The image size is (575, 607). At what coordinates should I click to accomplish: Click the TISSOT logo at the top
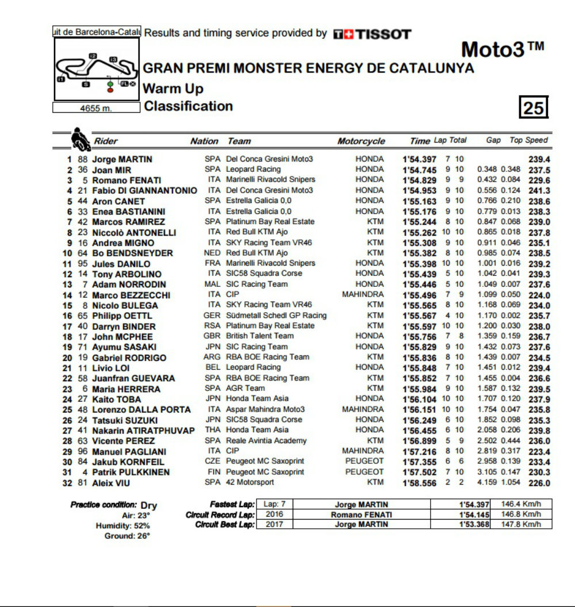point(372,34)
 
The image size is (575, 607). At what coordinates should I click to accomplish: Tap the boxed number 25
point(534,107)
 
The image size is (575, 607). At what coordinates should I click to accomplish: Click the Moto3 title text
point(501,50)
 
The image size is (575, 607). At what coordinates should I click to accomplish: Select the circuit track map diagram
point(97,70)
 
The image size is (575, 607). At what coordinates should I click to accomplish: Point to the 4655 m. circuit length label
point(96,107)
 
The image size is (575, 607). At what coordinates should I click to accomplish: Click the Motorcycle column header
point(361,141)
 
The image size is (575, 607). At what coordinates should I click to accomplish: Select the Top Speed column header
point(529,140)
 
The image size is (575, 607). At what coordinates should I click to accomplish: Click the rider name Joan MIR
point(112,170)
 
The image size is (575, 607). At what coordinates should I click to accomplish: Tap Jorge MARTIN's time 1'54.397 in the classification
point(419,159)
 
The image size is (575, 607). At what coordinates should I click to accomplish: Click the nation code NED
point(212,253)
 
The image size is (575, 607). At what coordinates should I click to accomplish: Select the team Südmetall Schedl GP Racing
point(277,316)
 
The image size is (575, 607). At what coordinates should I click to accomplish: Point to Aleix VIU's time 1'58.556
point(419,483)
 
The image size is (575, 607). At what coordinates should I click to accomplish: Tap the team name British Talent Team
point(260,336)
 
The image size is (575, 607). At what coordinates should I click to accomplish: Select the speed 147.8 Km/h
point(521,524)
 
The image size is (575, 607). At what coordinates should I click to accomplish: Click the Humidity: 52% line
point(122,525)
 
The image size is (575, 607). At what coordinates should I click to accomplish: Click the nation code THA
point(213,430)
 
